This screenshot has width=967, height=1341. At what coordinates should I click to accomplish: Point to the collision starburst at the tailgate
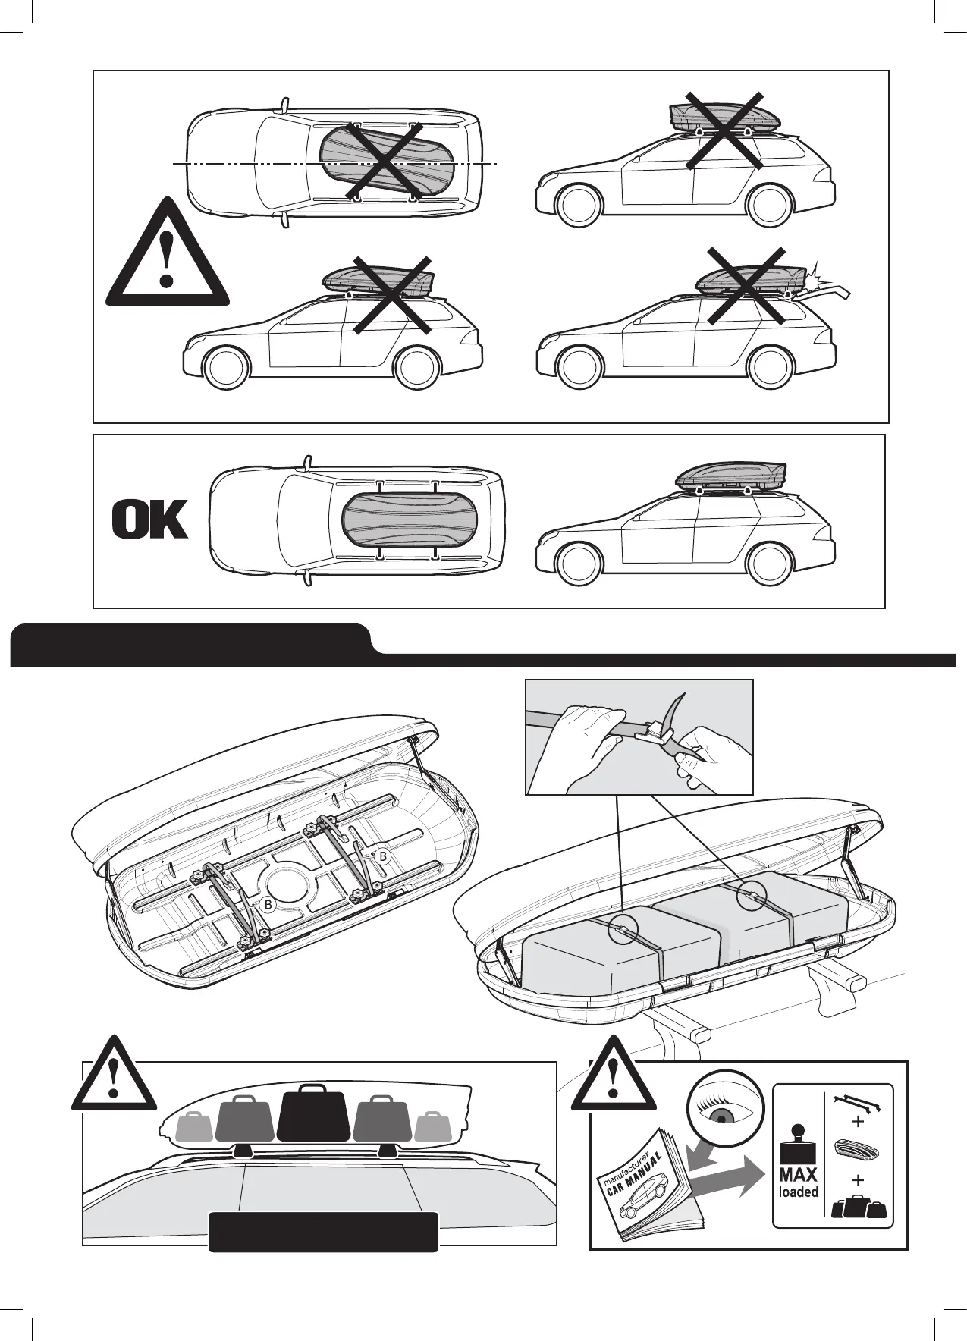(812, 275)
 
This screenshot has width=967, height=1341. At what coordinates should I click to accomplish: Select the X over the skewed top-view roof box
(385, 161)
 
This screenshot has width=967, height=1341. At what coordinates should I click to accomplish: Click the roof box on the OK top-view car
(397, 521)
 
